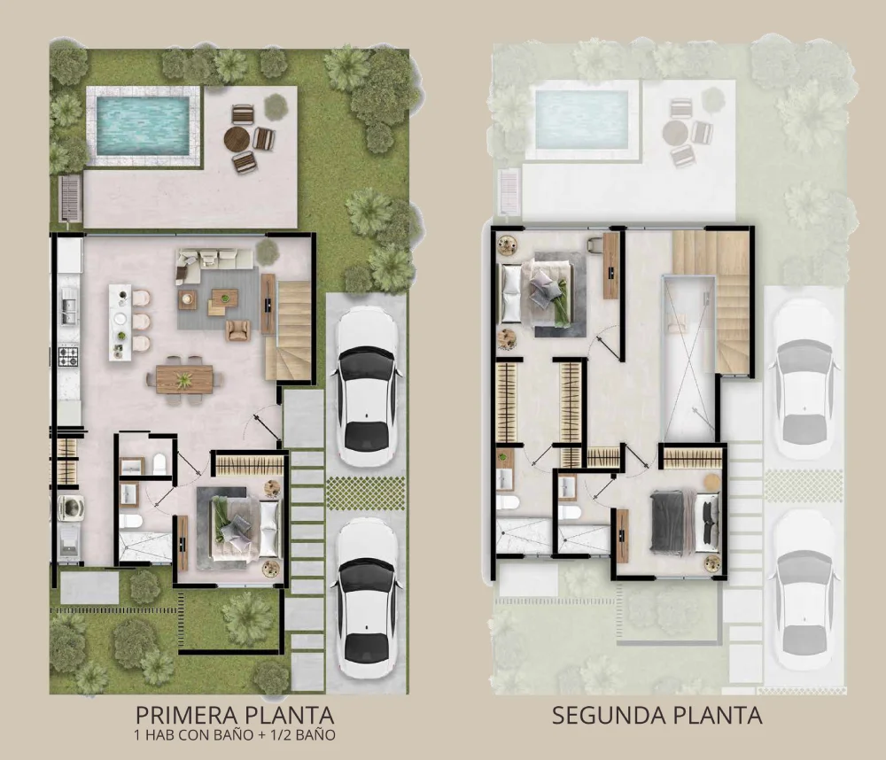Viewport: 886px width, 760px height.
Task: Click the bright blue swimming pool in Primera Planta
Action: click(143, 126)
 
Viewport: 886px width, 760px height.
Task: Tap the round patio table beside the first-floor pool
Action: click(237, 137)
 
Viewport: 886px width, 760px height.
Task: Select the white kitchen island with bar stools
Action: click(120, 322)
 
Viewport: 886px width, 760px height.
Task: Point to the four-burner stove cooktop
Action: click(68, 356)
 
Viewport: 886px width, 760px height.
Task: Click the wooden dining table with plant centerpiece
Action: click(184, 378)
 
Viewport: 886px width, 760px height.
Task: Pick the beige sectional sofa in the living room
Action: click(214, 263)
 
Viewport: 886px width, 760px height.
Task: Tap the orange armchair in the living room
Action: click(237, 330)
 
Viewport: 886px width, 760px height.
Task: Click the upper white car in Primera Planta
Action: click(367, 386)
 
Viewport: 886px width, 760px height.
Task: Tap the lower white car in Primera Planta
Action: click(367, 598)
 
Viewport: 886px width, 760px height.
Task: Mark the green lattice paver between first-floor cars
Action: click(366, 493)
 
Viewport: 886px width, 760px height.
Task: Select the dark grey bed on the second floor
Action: click(684, 521)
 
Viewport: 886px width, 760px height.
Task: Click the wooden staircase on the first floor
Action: click(290, 330)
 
